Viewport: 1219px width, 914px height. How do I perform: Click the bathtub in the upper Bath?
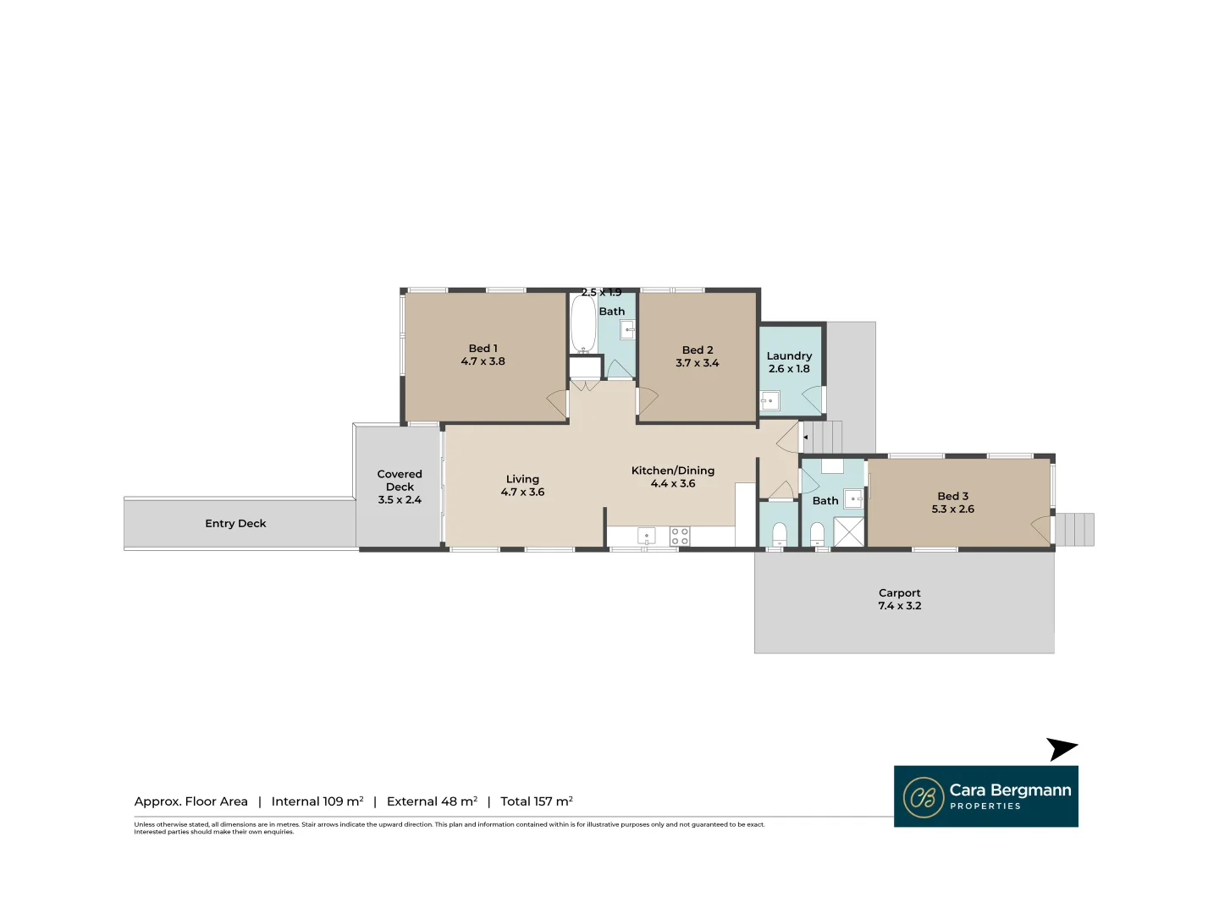point(582,323)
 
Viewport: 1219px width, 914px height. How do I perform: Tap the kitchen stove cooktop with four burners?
point(680,536)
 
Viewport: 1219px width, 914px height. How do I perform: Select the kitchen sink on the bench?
point(647,536)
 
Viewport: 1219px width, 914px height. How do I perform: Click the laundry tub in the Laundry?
point(769,401)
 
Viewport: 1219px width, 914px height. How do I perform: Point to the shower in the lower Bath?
point(849,531)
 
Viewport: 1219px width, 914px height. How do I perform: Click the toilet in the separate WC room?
point(780,534)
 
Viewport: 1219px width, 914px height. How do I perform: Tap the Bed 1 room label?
point(483,349)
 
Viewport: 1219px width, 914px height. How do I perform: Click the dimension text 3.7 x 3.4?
point(697,363)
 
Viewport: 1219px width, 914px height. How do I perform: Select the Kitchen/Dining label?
point(672,471)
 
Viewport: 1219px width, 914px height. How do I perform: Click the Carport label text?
point(899,593)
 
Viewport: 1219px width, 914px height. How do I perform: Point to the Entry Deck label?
point(235,524)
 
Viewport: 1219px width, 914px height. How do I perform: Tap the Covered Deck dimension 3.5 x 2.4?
point(400,500)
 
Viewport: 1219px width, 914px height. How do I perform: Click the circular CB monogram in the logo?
point(924,797)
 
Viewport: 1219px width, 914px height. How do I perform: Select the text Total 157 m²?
point(536,801)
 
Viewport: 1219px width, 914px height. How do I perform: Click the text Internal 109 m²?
point(317,801)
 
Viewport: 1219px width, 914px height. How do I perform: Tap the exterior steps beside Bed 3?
point(1073,530)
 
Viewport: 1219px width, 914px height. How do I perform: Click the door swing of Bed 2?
point(647,403)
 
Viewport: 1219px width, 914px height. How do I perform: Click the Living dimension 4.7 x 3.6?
point(522,493)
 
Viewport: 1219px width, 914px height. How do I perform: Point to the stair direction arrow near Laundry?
point(806,438)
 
